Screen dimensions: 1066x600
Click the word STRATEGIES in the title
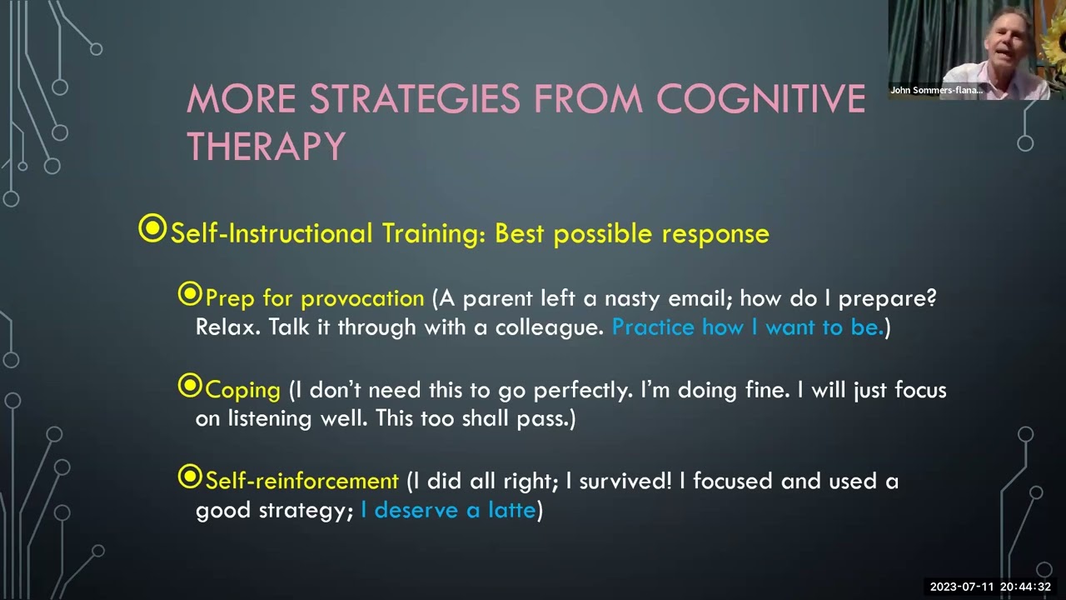[x=415, y=98]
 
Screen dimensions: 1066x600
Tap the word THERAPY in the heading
[x=266, y=146]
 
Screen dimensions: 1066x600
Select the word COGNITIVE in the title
[x=761, y=98]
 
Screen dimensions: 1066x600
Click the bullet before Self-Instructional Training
[x=152, y=228]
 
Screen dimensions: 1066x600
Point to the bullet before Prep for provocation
[x=190, y=294]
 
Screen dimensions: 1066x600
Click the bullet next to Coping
[x=190, y=385]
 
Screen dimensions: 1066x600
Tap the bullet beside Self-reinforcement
[x=190, y=477]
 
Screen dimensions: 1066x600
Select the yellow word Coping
[x=242, y=391]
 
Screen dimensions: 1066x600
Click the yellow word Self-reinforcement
[x=301, y=481]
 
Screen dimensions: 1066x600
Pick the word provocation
[x=362, y=299]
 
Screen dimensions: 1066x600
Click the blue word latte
[x=511, y=509]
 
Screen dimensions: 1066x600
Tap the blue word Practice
[x=653, y=327]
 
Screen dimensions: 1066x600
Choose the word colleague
[x=549, y=327]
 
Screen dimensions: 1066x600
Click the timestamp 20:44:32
[x=1025, y=587]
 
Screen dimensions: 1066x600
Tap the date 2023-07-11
[x=962, y=587]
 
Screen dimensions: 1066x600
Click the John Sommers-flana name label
[x=937, y=90]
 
